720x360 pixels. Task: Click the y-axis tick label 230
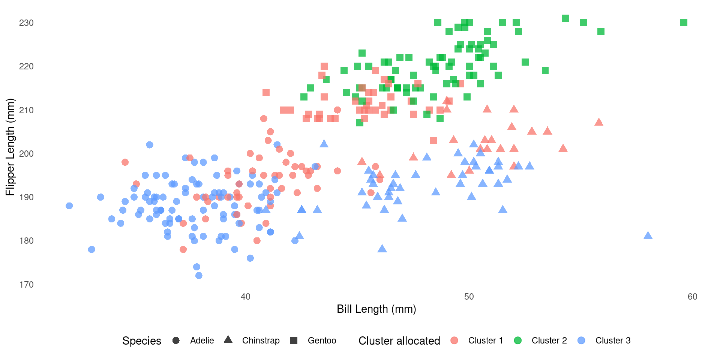point(26,23)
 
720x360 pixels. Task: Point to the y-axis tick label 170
point(26,285)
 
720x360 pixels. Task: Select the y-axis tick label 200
point(26,154)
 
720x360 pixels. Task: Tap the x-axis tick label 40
point(245,297)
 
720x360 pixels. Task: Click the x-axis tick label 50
point(469,297)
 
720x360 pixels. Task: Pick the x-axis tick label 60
point(692,297)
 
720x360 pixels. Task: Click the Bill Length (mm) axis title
point(376,309)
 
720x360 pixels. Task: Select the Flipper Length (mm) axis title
point(10,147)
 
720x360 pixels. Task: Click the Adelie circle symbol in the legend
point(176,340)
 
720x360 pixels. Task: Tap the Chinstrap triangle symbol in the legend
point(228,340)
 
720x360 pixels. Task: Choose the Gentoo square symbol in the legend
point(294,340)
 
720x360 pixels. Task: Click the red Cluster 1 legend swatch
point(454,340)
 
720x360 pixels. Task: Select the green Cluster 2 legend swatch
point(517,340)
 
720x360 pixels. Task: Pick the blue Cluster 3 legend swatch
point(581,340)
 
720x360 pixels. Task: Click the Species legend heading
point(142,341)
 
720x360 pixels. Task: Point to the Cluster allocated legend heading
point(399,341)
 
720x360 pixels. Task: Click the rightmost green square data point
point(684,23)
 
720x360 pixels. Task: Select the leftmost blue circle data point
point(69,206)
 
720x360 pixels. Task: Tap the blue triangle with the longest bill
point(648,236)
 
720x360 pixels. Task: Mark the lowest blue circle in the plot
point(199,276)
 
